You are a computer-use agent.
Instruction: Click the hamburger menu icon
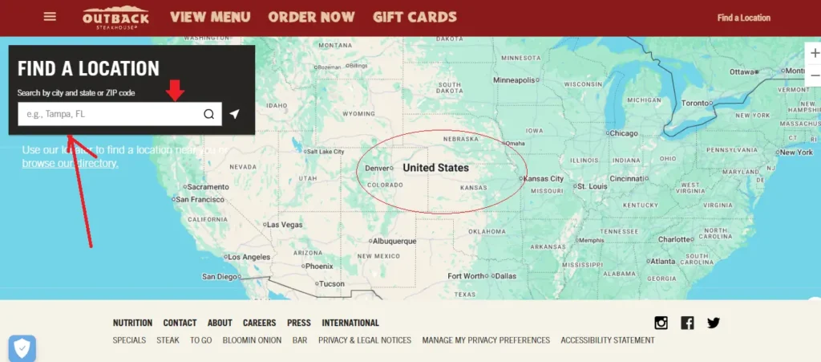click(x=50, y=16)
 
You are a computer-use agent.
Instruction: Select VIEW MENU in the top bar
click(x=210, y=17)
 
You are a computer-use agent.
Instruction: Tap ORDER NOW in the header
click(x=311, y=17)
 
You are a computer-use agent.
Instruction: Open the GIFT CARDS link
click(x=415, y=17)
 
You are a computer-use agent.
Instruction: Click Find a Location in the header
click(x=743, y=18)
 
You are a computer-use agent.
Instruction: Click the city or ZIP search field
click(x=108, y=114)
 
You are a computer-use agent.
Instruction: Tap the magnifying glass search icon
click(x=209, y=114)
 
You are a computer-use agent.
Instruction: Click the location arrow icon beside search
click(x=234, y=114)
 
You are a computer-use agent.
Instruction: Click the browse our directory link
click(x=70, y=163)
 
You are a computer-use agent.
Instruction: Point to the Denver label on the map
click(x=378, y=169)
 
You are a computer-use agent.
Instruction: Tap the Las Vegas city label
click(x=284, y=225)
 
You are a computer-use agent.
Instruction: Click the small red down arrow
click(x=175, y=91)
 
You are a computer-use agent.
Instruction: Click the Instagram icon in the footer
click(x=661, y=323)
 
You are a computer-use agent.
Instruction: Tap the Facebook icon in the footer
click(x=687, y=323)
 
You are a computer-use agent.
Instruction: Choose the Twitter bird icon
click(x=714, y=323)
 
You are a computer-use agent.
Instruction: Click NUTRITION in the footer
click(x=132, y=323)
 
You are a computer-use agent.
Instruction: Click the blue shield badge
click(x=22, y=348)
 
